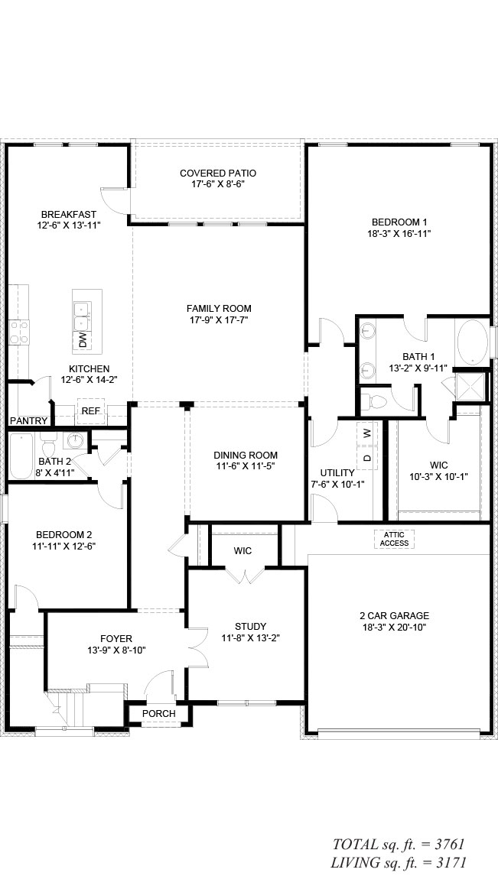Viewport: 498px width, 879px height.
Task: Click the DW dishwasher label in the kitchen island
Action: [83, 340]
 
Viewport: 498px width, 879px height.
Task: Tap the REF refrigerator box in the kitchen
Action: [90, 411]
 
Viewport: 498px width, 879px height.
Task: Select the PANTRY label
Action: [29, 420]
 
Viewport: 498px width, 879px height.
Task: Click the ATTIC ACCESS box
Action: [394, 540]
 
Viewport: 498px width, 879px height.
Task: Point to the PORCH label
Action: [158, 714]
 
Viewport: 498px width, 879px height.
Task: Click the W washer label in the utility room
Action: [366, 433]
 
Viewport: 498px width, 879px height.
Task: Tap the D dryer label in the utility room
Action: [367, 457]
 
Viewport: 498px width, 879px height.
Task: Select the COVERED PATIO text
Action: [217, 174]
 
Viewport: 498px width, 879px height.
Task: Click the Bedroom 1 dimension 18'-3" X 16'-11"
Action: [395, 233]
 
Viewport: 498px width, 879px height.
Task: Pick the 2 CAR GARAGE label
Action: [394, 615]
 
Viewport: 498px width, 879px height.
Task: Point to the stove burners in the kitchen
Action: [18, 331]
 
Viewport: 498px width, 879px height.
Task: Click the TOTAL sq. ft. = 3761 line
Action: [399, 845]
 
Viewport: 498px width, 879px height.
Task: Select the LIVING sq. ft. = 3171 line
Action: [399, 863]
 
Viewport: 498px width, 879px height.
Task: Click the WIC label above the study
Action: [242, 551]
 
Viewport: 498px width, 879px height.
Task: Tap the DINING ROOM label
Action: [245, 456]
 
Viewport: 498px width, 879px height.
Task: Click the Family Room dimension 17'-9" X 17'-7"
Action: [219, 319]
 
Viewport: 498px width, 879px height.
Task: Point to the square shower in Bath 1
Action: [470, 386]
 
